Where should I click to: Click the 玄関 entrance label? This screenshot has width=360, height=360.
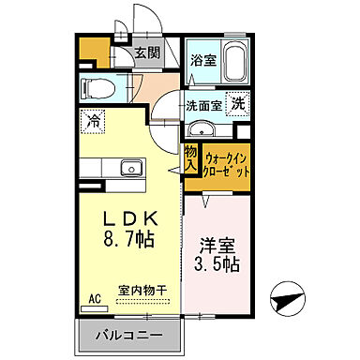144,53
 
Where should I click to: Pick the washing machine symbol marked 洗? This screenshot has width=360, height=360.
238,105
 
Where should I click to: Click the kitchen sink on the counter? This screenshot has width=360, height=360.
128,170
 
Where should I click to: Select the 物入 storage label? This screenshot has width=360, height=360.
190,158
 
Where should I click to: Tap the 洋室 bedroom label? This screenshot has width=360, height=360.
217,247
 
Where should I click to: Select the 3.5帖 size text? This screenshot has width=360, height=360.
217,265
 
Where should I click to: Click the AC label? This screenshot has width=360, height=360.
94,299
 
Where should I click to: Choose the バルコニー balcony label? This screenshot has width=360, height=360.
128,335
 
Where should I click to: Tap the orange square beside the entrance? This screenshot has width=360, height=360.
88,50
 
